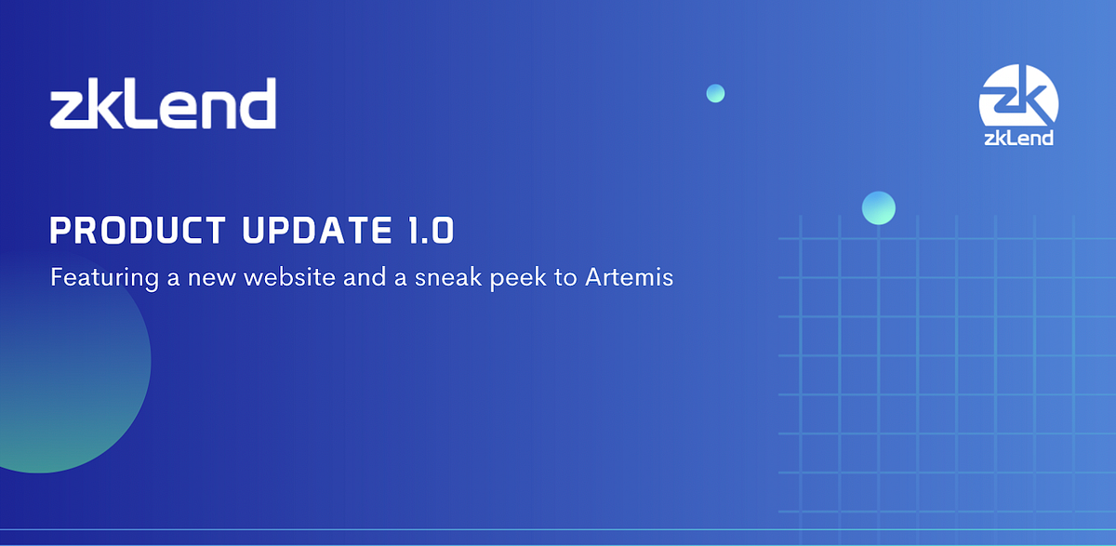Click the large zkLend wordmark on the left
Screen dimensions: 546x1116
click(x=163, y=103)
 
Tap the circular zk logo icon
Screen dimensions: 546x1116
click(x=1019, y=96)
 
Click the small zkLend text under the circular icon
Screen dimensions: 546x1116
click(x=1019, y=138)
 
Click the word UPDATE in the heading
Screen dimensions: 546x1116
click(x=308, y=230)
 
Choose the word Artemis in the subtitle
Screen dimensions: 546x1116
click(x=629, y=277)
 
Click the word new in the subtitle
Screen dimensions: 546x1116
click(x=214, y=277)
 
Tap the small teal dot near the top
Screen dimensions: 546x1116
click(x=715, y=93)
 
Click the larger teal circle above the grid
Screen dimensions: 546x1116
click(x=878, y=207)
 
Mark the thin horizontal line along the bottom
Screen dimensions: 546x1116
click(x=558, y=530)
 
